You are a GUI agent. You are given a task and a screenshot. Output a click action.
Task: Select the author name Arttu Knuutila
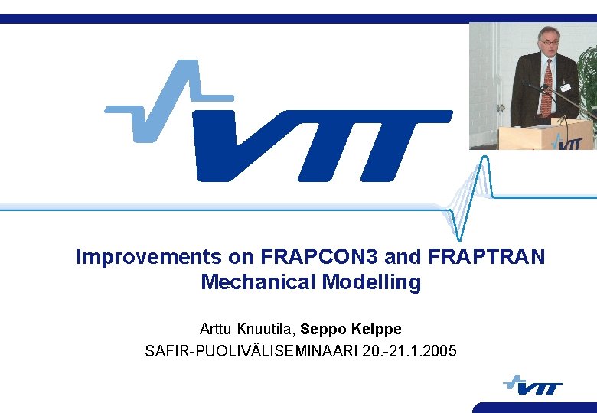click(247, 329)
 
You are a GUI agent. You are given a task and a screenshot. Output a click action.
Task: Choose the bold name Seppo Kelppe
click(351, 329)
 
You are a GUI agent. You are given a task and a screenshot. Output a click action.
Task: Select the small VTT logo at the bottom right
click(533, 385)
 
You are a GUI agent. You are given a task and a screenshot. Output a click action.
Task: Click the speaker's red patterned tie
click(546, 88)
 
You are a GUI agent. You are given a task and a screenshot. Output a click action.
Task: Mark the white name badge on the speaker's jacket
click(566, 87)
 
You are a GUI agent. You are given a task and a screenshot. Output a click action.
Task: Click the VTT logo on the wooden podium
click(567, 141)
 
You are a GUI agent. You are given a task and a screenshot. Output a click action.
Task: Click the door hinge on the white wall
click(501, 108)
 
